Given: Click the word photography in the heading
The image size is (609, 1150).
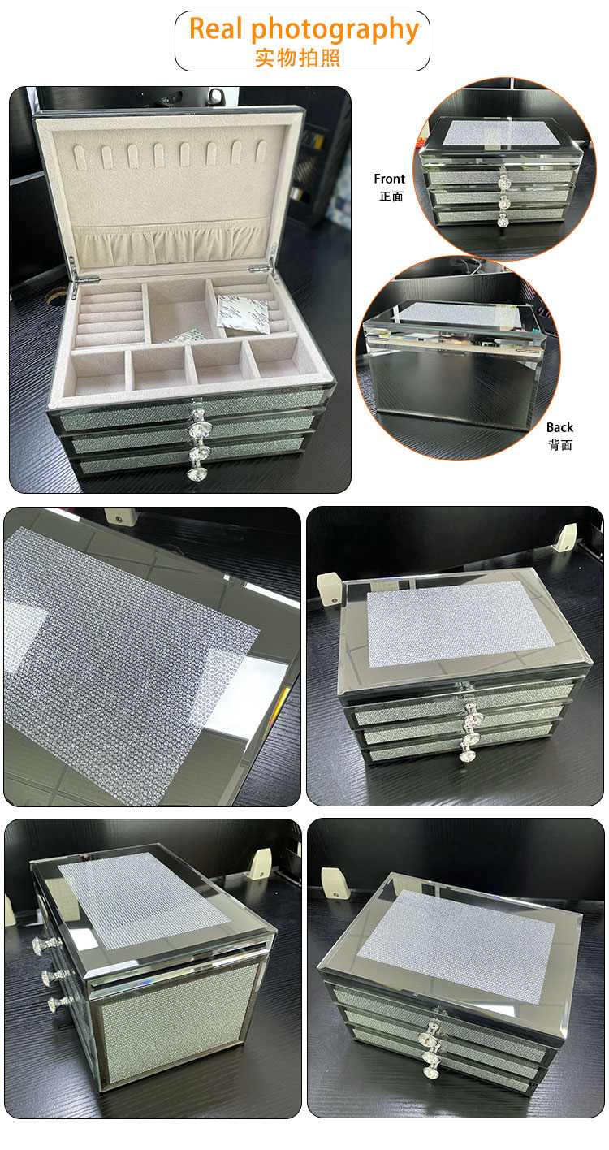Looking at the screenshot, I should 335,31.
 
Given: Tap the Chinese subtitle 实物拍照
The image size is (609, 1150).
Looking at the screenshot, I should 297,58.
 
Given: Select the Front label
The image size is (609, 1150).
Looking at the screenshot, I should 389,179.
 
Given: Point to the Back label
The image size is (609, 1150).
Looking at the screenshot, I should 559,427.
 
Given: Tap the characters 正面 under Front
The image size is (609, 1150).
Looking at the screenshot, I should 390,197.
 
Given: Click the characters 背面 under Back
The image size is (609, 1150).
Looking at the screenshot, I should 559,445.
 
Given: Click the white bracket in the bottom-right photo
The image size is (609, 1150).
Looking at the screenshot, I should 331,880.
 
